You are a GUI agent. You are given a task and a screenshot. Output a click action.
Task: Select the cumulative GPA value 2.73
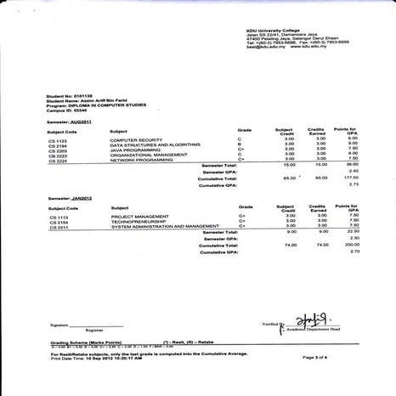pos(356,184)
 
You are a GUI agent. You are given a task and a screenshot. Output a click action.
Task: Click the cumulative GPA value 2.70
pos(356,252)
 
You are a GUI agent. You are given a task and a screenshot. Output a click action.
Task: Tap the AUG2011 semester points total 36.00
pos(356,164)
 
